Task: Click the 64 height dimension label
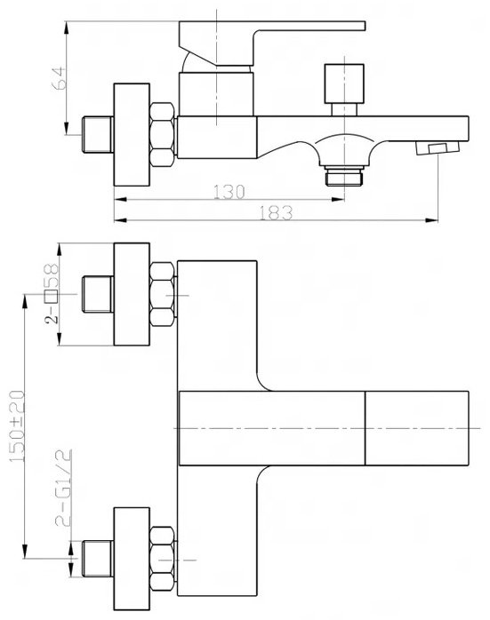[x=59, y=78]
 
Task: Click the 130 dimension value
[x=229, y=192]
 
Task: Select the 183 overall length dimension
[x=276, y=212]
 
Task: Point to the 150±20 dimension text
[x=17, y=426]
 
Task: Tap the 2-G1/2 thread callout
[x=63, y=488]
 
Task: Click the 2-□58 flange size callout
[x=52, y=294]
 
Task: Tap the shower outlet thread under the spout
[x=344, y=177]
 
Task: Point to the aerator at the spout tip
[x=438, y=148]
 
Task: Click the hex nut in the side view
[x=162, y=134]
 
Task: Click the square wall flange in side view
[x=132, y=134]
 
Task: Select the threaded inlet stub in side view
[x=97, y=134]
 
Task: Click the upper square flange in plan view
[x=132, y=294]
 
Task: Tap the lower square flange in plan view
[x=132, y=559]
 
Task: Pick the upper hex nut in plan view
[x=162, y=294]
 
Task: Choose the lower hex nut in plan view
[x=162, y=559]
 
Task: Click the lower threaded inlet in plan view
[x=97, y=559]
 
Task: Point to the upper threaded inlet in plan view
[x=97, y=294]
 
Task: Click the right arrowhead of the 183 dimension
[x=432, y=220]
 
